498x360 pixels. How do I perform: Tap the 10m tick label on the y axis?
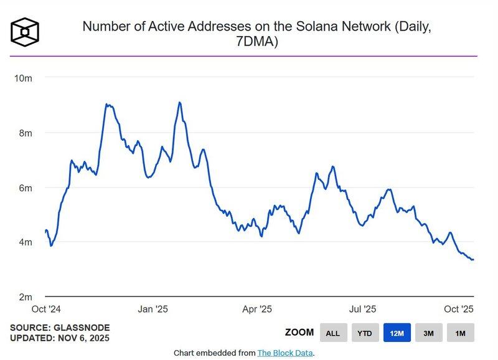point(23,78)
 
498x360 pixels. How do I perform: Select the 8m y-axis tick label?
point(25,133)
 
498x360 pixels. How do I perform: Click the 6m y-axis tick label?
point(25,187)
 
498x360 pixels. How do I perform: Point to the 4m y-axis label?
point(25,242)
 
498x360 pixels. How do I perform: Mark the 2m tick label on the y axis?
point(25,296)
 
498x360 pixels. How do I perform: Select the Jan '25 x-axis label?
point(153,309)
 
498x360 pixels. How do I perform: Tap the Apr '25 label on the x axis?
point(256,309)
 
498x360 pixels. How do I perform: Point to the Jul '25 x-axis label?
point(362,309)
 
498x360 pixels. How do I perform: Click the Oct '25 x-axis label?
point(459,309)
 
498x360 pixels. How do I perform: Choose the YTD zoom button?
point(365,333)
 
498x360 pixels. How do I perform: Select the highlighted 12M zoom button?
point(397,333)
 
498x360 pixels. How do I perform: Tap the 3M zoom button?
point(429,333)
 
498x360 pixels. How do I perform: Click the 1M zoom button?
point(461,333)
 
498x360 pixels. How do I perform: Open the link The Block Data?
point(286,353)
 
